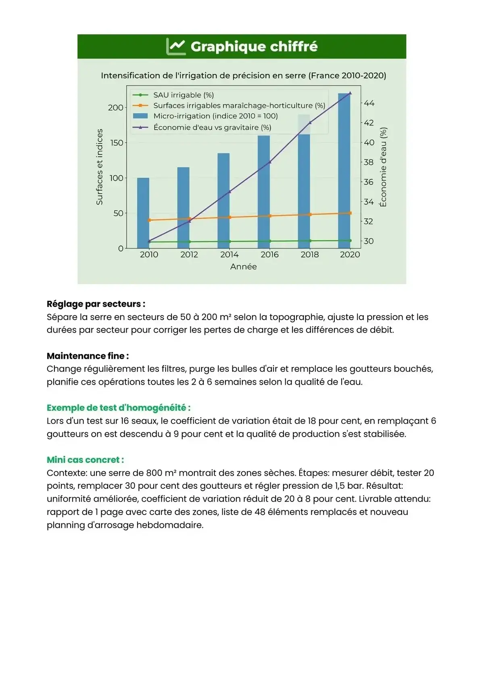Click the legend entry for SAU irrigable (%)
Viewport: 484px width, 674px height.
click(x=184, y=95)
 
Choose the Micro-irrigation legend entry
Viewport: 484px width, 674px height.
click(x=215, y=116)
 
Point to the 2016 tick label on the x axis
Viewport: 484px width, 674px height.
click(x=269, y=255)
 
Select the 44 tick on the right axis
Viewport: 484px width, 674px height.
click(x=369, y=103)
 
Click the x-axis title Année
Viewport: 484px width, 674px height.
click(x=243, y=267)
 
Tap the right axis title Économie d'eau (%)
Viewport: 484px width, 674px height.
click(x=383, y=167)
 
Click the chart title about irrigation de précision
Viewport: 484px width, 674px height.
click(x=243, y=75)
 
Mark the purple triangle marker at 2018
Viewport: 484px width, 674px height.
click(x=310, y=122)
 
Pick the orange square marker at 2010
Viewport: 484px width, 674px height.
click(x=149, y=220)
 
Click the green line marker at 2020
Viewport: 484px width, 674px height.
click(x=350, y=241)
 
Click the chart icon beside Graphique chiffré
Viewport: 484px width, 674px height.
click(x=176, y=46)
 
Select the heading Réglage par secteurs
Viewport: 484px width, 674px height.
click(x=96, y=304)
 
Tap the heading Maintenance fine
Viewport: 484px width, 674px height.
click(x=88, y=356)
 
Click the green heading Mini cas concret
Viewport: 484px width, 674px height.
click(x=85, y=460)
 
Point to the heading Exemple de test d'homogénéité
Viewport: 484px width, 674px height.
click(x=119, y=408)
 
